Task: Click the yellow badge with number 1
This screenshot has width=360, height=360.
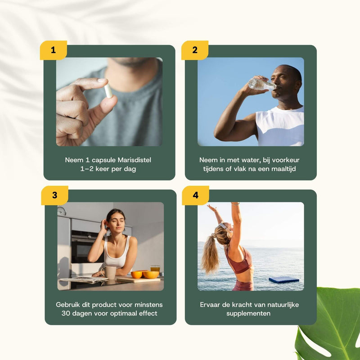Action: [x=53, y=50]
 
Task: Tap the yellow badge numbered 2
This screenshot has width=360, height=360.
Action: [x=195, y=50]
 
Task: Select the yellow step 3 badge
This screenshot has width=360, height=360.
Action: [x=54, y=195]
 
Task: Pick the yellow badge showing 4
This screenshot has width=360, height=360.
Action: [x=195, y=195]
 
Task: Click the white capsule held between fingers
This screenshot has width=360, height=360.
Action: [x=108, y=91]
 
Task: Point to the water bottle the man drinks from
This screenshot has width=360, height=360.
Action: [x=261, y=84]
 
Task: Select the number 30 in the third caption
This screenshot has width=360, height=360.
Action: [x=66, y=313]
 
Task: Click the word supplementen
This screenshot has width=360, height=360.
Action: [x=251, y=313]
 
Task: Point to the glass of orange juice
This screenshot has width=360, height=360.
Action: [x=155, y=270]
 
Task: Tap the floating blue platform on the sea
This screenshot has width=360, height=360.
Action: [x=283, y=280]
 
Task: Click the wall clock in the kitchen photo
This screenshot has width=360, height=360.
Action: [x=62, y=211]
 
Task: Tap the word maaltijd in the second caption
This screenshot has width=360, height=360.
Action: [x=286, y=169]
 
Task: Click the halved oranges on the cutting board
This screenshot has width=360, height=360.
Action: [x=145, y=274]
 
